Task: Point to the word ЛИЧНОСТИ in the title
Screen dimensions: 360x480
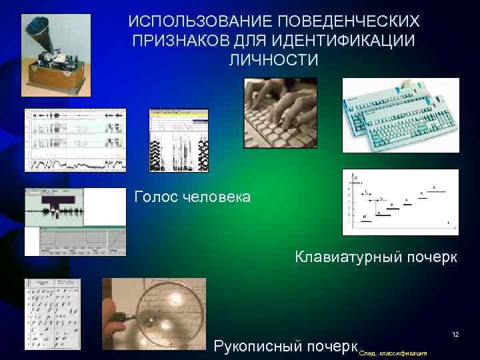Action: point(273,59)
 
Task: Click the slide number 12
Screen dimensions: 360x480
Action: point(456,333)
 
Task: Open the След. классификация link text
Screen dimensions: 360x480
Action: point(393,352)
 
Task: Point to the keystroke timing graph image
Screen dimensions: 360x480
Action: point(400,202)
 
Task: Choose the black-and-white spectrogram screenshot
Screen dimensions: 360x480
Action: point(178,140)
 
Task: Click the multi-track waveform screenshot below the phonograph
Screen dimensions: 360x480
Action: point(75,140)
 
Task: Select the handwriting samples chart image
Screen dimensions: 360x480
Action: point(52,313)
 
